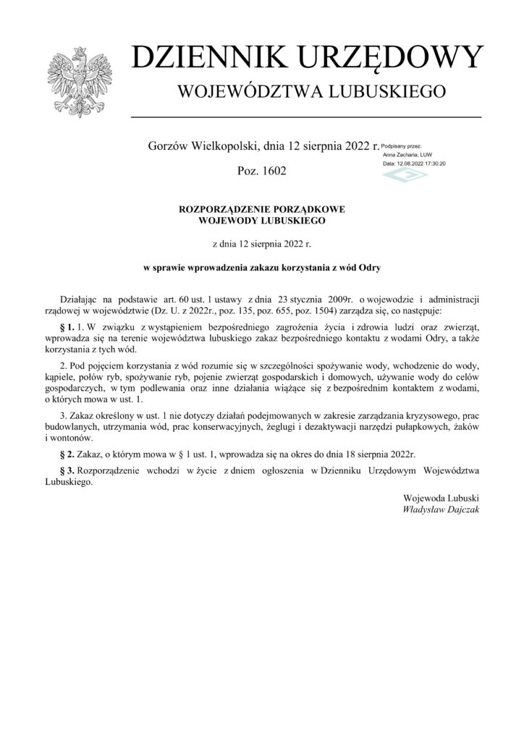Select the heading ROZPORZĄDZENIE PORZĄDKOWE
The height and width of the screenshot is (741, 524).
[262, 208]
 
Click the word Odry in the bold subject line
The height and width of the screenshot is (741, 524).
[369, 266]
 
